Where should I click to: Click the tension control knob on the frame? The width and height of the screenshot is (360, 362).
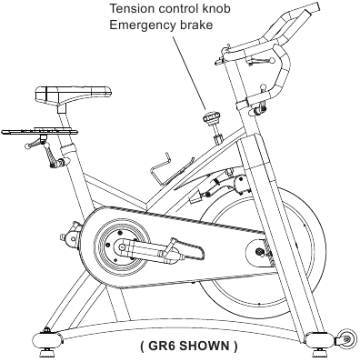212,117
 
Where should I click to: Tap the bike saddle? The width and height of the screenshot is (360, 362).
74,93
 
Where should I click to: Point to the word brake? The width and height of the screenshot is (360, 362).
196,25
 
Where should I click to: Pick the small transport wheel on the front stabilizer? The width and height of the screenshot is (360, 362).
345,337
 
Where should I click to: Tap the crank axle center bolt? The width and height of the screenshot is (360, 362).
122,247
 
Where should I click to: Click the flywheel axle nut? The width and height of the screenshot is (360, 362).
259,251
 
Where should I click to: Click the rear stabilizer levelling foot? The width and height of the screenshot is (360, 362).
46,353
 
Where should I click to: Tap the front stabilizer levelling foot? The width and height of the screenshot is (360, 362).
317,353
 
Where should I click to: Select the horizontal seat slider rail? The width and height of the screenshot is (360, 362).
39,132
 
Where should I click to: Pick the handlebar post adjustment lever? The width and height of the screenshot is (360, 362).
259,108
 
